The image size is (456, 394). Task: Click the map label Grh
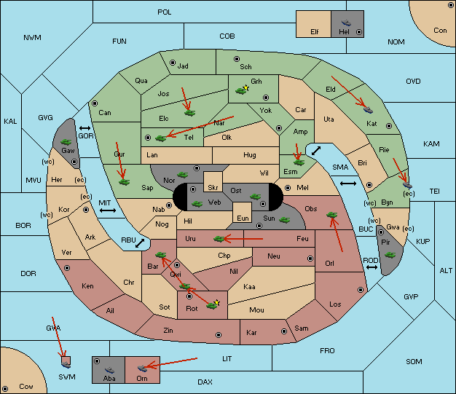point(256,82)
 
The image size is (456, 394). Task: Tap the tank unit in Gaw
point(66,142)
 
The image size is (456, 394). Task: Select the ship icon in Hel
point(346,23)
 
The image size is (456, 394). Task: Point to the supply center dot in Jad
point(173,63)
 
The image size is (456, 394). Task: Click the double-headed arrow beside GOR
point(85,128)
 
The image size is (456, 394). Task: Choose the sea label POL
point(165,12)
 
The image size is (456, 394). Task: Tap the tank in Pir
point(390,255)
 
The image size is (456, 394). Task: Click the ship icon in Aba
point(109,370)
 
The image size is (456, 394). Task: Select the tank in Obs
point(332,215)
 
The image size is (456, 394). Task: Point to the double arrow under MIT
point(108,210)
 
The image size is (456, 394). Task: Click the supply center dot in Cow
point(5,389)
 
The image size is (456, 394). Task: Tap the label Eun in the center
point(243,218)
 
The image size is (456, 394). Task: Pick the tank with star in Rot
point(213,304)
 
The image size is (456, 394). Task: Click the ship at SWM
point(66,364)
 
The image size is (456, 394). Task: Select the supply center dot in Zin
point(219,335)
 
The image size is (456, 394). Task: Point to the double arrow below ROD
point(372,267)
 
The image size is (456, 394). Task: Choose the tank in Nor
point(183,175)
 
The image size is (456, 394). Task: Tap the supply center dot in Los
point(361,290)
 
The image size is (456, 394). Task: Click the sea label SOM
point(414,362)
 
